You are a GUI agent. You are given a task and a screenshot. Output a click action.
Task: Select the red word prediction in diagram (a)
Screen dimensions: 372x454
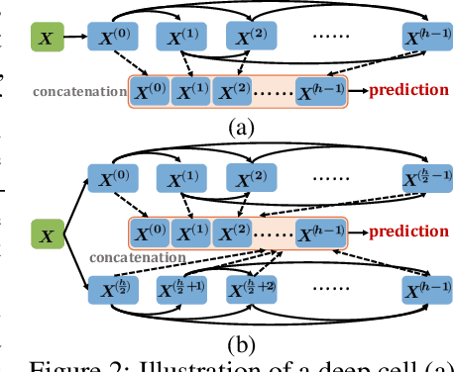pyautogui.click(x=408, y=90)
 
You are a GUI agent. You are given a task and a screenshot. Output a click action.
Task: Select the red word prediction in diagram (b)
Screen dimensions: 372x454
pyautogui.click(x=408, y=232)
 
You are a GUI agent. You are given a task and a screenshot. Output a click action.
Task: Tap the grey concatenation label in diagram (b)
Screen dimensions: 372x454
pyautogui.click(x=136, y=256)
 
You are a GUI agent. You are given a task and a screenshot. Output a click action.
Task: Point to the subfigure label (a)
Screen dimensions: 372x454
pyautogui.click(x=241, y=127)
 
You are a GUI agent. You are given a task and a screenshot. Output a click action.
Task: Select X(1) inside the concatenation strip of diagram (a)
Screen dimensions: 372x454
pyautogui.click(x=193, y=92)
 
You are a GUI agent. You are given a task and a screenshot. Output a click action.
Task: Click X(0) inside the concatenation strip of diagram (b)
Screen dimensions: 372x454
pyautogui.click(x=150, y=232)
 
